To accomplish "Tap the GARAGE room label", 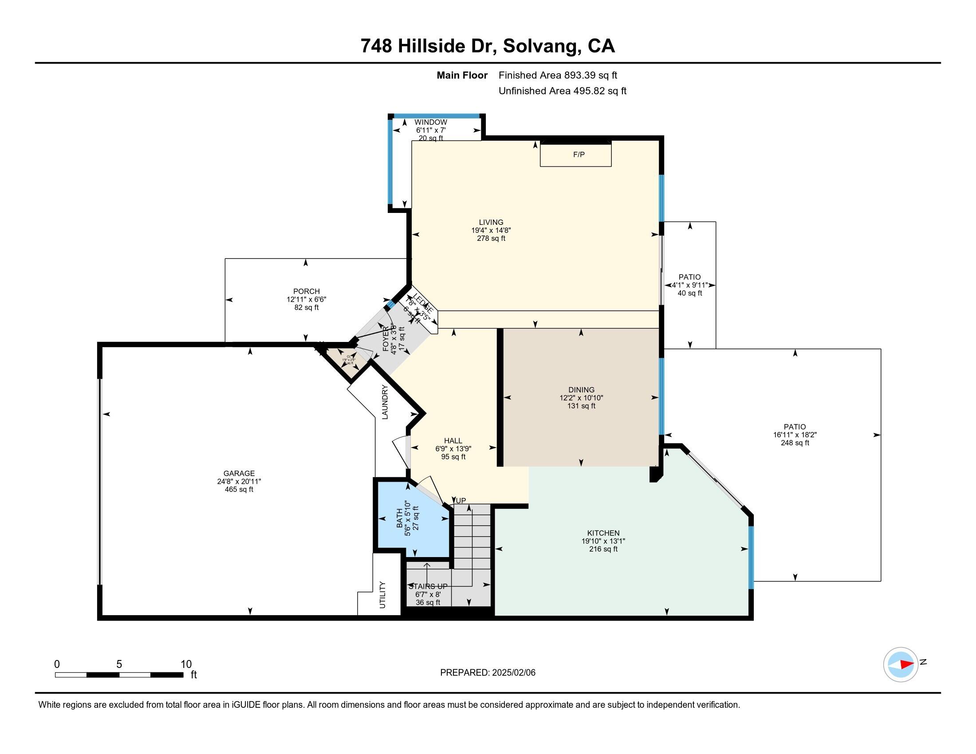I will [239, 474].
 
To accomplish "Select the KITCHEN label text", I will [603, 533].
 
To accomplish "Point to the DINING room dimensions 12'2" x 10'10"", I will [581, 398].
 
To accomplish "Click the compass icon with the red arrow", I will [901, 664].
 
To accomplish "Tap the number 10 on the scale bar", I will [186, 664].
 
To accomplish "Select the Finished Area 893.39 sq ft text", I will [558, 75].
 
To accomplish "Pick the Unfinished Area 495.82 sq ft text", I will [562, 91].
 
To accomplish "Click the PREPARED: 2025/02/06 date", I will [488, 673].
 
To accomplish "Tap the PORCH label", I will [307, 291].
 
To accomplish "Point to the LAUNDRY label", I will [385, 402].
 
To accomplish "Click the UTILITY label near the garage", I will [382, 594].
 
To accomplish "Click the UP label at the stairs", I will [461, 501].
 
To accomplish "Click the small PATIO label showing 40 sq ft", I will [689, 277].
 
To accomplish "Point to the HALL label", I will [453, 441].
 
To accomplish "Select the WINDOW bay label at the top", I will [431, 122].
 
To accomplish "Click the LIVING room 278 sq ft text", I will [491, 239].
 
